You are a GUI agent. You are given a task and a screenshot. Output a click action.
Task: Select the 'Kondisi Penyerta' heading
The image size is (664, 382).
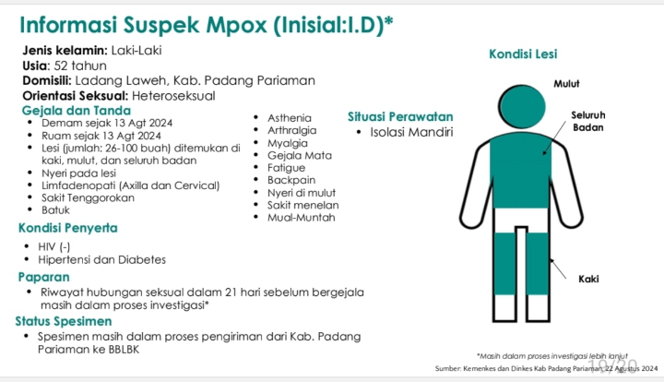tap(67, 228)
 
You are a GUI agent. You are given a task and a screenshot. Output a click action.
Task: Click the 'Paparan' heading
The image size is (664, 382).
tap(44, 276)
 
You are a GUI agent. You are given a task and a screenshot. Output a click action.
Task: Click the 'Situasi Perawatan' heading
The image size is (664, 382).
tap(400, 117)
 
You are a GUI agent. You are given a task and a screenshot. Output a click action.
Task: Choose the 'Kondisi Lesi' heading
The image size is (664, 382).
tap(523, 54)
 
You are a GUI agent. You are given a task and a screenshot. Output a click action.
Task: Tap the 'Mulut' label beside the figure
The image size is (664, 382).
tap(566, 84)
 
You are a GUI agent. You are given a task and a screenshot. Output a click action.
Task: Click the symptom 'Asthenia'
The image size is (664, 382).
tap(289, 118)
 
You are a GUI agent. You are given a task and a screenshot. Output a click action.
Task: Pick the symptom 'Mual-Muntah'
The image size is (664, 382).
tap(301, 218)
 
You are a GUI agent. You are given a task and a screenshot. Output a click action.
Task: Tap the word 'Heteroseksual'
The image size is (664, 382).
tap(175, 95)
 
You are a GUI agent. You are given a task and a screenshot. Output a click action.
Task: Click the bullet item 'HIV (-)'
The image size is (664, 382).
tap(53, 246)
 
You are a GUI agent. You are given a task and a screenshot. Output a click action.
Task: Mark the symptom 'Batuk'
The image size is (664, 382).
tap(56, 210)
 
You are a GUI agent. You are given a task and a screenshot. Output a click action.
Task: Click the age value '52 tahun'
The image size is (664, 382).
tap(80, 66)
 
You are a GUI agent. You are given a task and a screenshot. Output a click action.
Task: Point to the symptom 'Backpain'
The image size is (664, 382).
tap(290, 180)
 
